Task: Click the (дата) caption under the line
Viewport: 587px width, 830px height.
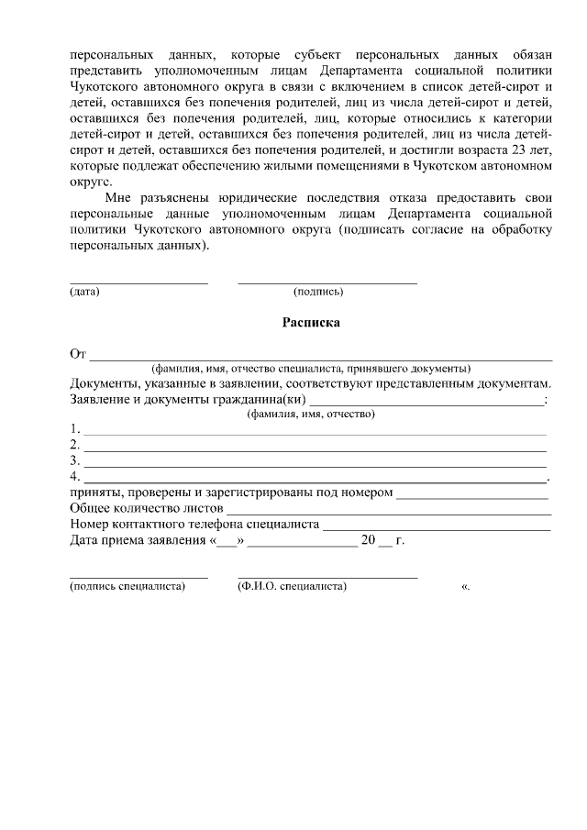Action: [x=84, y=292]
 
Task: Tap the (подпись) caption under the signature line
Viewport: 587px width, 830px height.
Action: [x=318, y=292]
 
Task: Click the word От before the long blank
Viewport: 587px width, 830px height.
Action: [x=78, y=354]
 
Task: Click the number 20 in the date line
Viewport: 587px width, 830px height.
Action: [x=370, y=540]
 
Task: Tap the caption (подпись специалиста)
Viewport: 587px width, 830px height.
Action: [x=127, y=585]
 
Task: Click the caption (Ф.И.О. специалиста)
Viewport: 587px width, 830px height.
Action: [x=292, y=585]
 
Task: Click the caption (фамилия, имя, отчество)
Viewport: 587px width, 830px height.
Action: [x=312, y=414]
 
